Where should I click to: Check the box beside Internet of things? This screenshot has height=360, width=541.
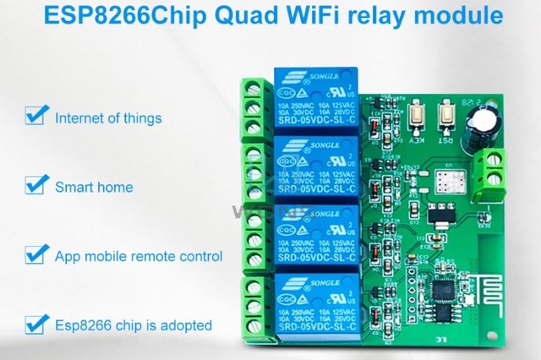(x=35, y=115)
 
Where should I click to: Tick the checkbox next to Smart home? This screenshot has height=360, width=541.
(x=35, y=185)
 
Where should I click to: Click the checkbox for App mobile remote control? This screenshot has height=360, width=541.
(x=35, y=254)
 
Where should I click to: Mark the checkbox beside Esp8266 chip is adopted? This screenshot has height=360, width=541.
(x=35, y=323)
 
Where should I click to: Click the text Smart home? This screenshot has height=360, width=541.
(x=94, y=187)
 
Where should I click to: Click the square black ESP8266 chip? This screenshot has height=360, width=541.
(x=445, y=290)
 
